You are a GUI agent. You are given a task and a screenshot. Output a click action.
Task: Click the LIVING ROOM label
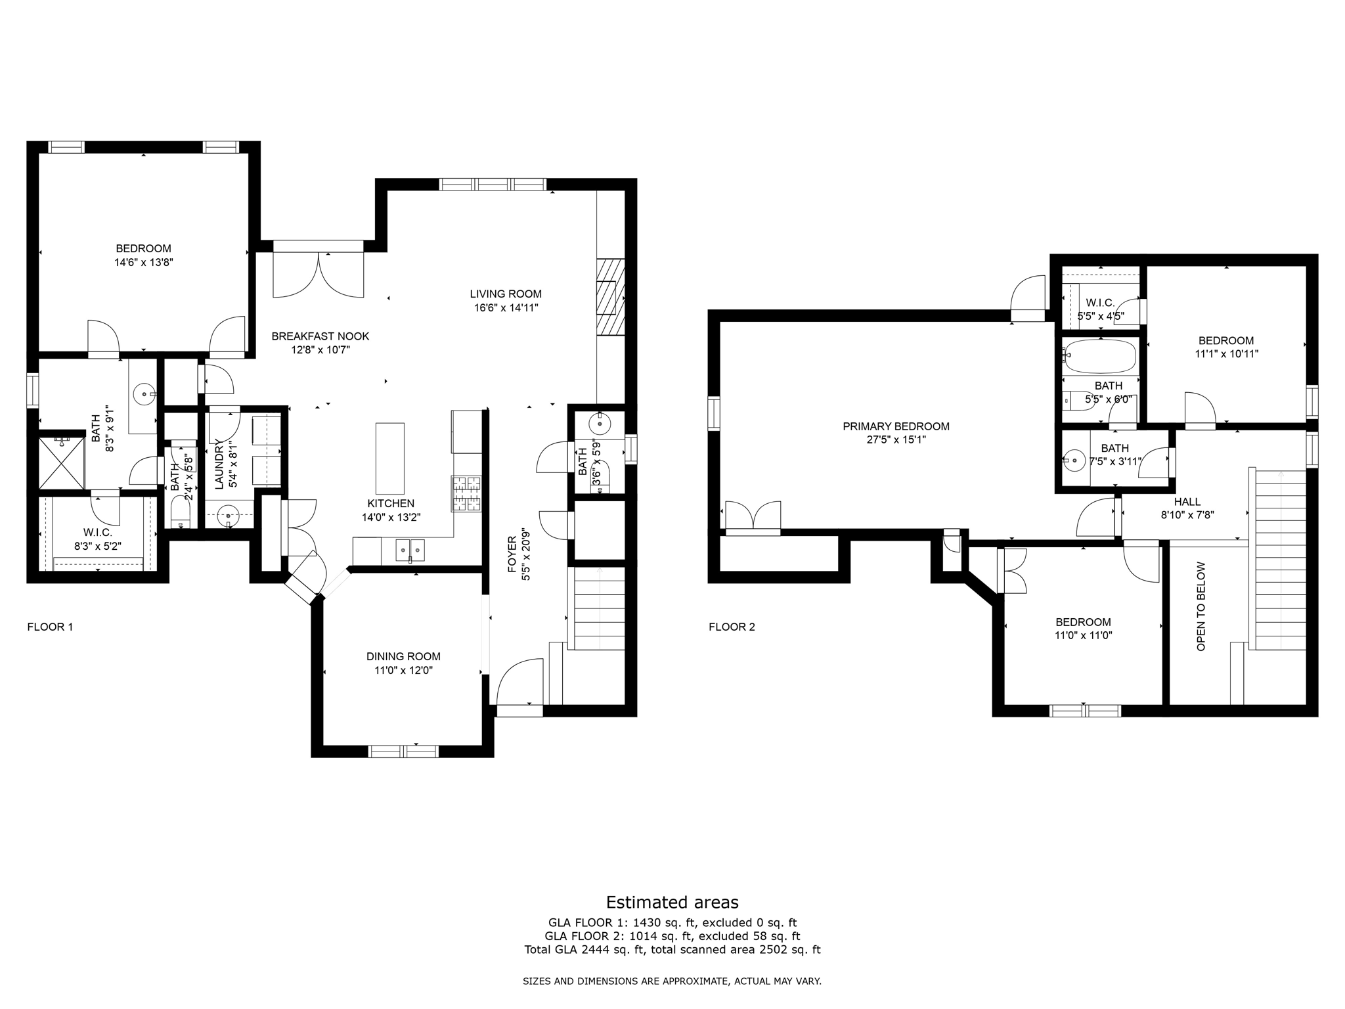click(x=505, y=294)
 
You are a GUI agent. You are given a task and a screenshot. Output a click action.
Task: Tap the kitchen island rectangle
click(x=389, y=458)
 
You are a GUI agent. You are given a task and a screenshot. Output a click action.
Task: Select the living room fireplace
click(x=609, y=297)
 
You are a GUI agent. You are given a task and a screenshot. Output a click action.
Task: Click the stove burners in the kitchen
click(x=466, y=493)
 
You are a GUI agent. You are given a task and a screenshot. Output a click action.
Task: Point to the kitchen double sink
click(x=410, y=549)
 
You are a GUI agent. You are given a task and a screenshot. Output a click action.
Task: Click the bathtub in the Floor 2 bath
click(x=1099, y=355)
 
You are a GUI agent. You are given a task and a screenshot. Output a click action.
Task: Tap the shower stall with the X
click(x=62, y=462)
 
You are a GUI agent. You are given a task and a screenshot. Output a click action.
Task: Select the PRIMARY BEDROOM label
click(x=896, y=426)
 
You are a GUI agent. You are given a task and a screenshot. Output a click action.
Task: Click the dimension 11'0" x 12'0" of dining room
click(x=403, y=670)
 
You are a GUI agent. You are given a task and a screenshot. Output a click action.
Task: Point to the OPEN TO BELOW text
click(x=1201, y=606)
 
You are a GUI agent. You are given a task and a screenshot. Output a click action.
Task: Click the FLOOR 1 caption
click(x=50, y=627)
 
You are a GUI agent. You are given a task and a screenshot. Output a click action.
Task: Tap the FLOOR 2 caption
click(x=732, y=627)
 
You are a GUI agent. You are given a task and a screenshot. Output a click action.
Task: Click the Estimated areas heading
click(x=672, y=902)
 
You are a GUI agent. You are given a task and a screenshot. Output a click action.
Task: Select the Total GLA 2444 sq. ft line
click(x=672, y=949)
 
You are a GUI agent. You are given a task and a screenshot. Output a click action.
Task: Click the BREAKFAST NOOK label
click(x=320, y=336)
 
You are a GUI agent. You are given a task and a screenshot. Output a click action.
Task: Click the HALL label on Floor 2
click(x=1187, y=502)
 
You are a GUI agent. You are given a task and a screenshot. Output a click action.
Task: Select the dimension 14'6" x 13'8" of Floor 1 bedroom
click(x=143, y=261)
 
